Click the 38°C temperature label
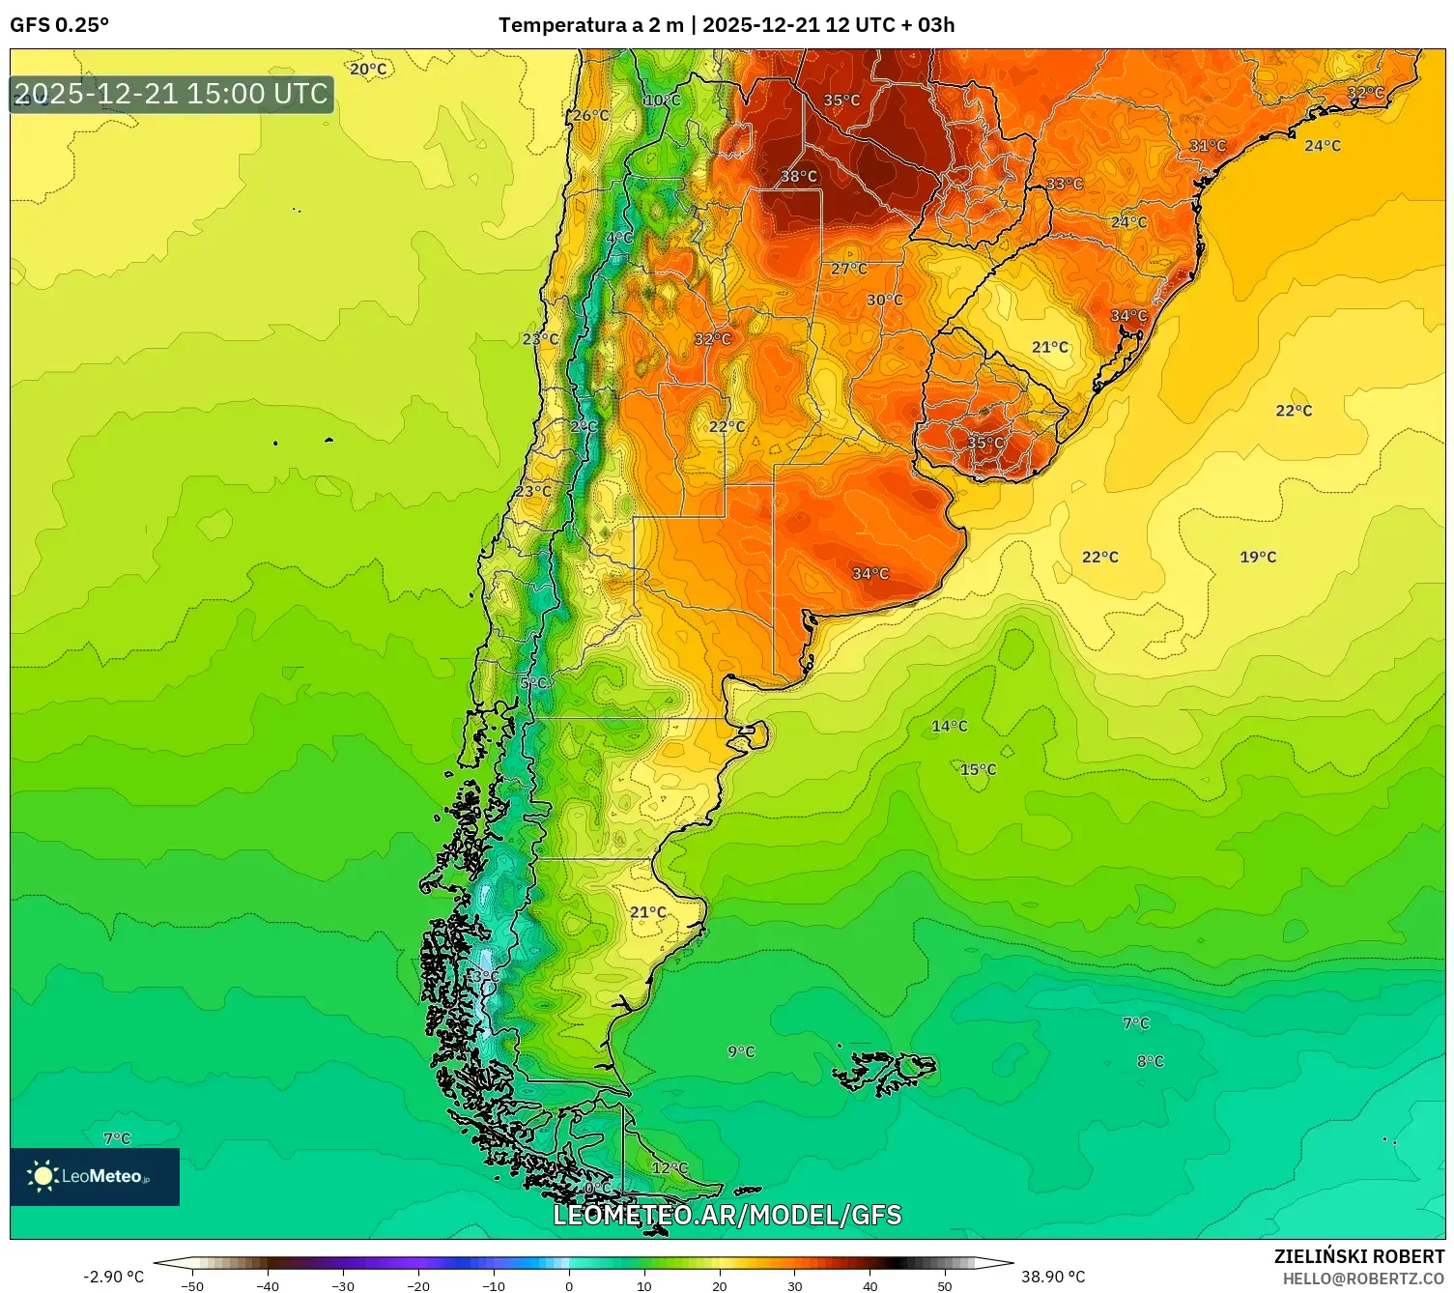799,176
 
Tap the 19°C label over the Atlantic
1258,557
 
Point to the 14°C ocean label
949,726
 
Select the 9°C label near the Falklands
741,1051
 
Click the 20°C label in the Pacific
368,69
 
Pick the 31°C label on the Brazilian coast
1208,146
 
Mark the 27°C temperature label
849,269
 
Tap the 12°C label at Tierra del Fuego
670,1167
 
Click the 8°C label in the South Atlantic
1150,1061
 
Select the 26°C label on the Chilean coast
591,116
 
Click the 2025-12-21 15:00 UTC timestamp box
171,94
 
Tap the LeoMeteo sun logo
43,1176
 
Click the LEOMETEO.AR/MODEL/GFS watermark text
727,1215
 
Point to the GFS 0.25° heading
60,25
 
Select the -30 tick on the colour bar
343,1285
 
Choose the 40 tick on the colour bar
870,1285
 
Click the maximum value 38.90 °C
1053,1277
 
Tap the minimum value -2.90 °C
113,1277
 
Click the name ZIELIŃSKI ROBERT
1358,1256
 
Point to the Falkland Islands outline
884,1070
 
